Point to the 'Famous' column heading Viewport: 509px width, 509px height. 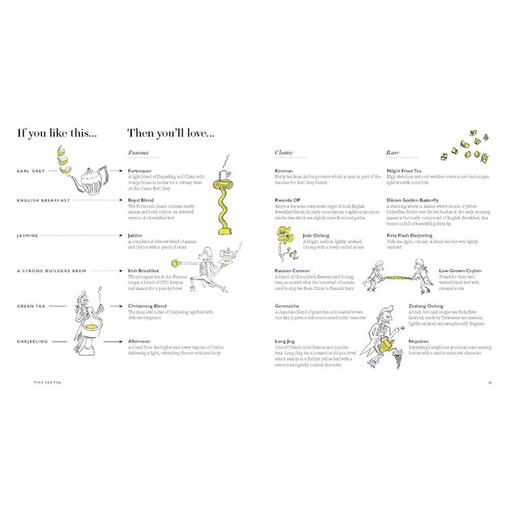[x=138, y=153]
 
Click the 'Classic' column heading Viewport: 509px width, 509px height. [x=285, y=153]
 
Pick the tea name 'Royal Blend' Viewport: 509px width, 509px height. [x=143, y=199]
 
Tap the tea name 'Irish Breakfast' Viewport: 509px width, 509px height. [x=146, y=271]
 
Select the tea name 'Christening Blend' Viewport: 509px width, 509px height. [x=149, y=306]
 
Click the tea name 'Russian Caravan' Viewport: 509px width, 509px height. [x=295, y=271]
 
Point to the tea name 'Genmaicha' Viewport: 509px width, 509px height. [x=288, y=306]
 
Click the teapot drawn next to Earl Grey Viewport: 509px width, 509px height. [x=90, y=179]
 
